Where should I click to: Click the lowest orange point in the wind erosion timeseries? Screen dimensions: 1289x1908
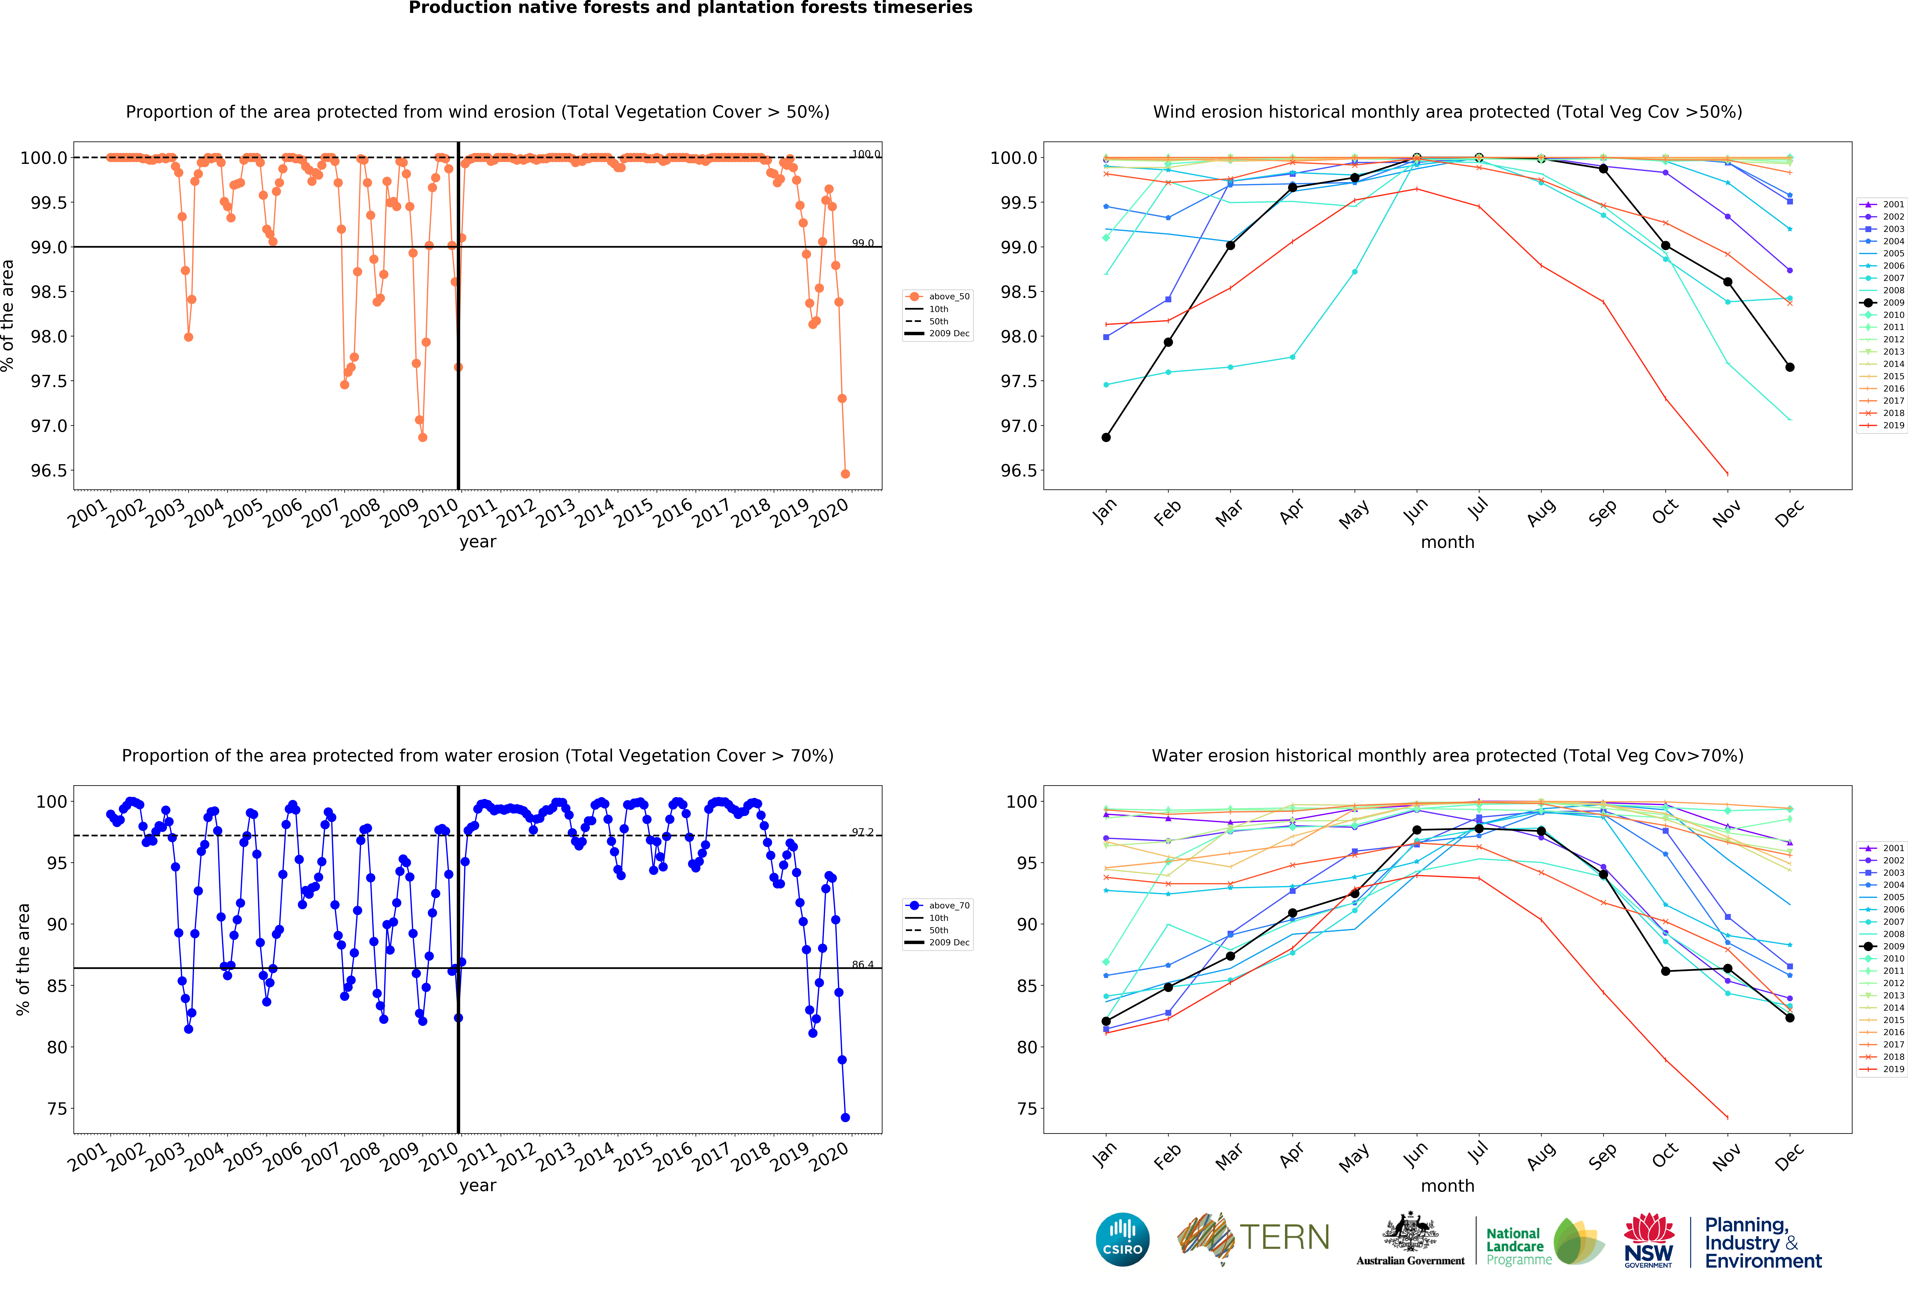tap(845, 474)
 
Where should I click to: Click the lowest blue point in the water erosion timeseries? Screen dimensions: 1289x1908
tap(845, 1117)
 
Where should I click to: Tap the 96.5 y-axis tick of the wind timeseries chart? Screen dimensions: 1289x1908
tap(49, 470)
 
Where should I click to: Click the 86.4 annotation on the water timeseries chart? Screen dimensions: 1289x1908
tap(862, 965)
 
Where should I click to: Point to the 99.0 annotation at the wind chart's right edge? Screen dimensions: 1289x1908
tap(862, 243)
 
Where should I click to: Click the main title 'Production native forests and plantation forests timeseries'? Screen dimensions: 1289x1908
tap(690, 8)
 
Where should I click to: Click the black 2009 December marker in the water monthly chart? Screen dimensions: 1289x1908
tap(1790, 1018)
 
